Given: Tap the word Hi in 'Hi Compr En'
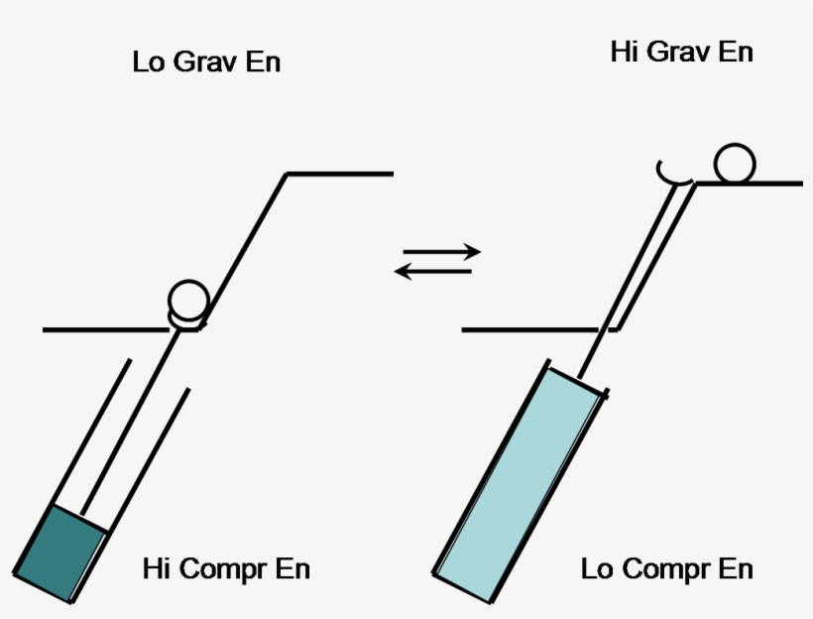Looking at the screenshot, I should [155, 568].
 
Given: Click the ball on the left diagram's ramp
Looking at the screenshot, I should [187, 297].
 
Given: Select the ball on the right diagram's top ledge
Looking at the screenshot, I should [736, 164].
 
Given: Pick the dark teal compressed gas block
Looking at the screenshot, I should [61, 554].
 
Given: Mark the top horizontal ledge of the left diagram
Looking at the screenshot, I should [340, 174].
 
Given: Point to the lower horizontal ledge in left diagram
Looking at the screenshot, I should [104, 328].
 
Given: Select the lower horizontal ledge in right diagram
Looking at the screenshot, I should [530, 328].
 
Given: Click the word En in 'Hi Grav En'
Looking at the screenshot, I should [735, 52].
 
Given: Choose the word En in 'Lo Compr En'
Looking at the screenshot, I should [736, 568].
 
